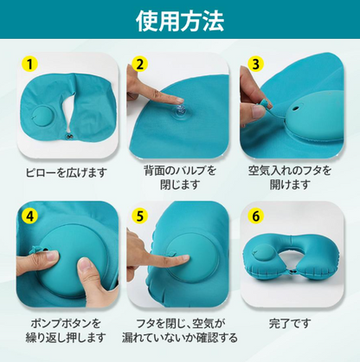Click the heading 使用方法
coord(180,21)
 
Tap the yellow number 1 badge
coord(29,64)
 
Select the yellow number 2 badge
coord(140,64)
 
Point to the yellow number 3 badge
coord(255,64)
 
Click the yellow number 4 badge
coord(29,216)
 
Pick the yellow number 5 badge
coord(140,216)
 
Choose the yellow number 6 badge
coord(255,216)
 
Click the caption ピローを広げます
coord(66,173)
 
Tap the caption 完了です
coord(290,323)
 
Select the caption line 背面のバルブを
coord(180,171)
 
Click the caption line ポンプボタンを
coord(66,323)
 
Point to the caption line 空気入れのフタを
coord(290,171)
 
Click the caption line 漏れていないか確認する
coord(180,338)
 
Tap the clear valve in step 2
coord(178,111)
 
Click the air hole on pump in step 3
coord(296,109)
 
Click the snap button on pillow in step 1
coord(69,136)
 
